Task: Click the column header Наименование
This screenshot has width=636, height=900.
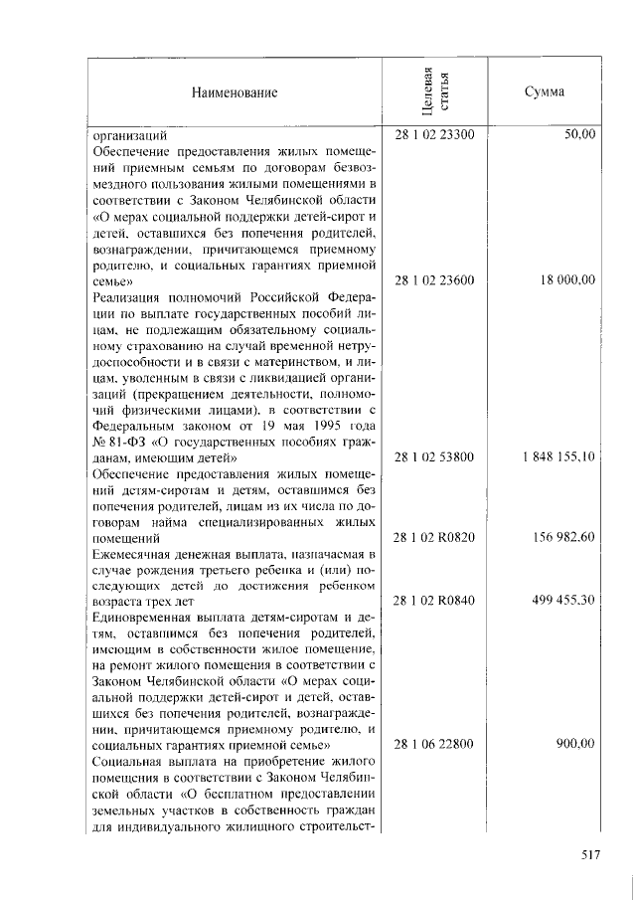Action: click(235, 92)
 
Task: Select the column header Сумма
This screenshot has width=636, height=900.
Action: click(545, 92)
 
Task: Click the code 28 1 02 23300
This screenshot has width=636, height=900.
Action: click(434, 134)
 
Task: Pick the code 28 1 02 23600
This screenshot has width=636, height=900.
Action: click(434, 280)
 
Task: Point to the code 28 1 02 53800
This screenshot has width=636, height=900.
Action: click(434, 456)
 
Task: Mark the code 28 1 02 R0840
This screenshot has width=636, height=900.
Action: click(434, 601)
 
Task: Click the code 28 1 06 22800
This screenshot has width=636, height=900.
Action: click(434, 745)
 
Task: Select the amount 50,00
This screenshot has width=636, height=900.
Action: click(579, 134)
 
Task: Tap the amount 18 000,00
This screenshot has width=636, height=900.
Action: click(567, 280)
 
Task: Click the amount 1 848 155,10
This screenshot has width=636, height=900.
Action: click(557, 456)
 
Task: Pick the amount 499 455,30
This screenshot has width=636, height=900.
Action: click(562, 601)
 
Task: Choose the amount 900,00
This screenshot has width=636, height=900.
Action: click(575, 745)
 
